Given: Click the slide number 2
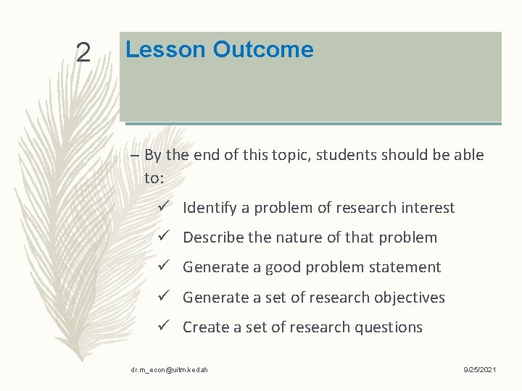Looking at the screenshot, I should pyautogui.click(x=83, y=52).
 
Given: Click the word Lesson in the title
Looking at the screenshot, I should pyautogui.click(x=165, y=49).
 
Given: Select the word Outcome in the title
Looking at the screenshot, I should pyautogui.click(x=263, y=49).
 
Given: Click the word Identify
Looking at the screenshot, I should pyautogui.click(x=209, y=209).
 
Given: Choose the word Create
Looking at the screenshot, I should pyautogui.click(x=204, y=327).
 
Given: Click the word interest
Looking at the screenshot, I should pyautogui.click(x=428, y=209).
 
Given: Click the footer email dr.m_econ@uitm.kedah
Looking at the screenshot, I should pyautogui.click(x=170, y=370).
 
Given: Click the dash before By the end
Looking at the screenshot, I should pyautogui.click(x=136, y=155).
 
